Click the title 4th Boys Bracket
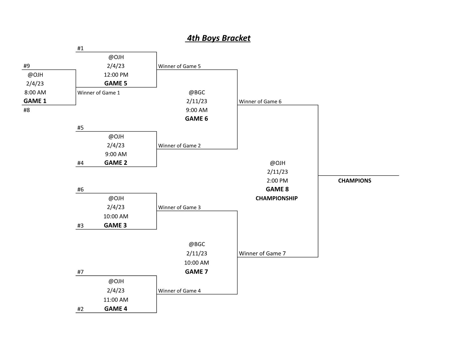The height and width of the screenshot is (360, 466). pos(218,38)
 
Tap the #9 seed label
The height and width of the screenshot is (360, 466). pos(27,66)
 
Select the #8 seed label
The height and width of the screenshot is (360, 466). pos(27,110)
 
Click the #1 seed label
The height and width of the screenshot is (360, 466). pos(80,48)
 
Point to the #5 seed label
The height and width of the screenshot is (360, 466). pos(80,128)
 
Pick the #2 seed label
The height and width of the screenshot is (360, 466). pos(80,309)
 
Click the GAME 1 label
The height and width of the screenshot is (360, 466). pos(35,101)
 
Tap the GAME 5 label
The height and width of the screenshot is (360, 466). pos(116,83)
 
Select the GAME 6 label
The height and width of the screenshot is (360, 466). pos(197,119)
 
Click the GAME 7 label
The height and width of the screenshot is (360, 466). pos(197,272)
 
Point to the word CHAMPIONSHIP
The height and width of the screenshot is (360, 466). pos(277,198)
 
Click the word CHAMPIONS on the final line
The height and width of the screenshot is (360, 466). pos(355,181)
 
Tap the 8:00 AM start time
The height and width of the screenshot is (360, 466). pos(35,92)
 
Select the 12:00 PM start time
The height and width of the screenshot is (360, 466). pos(116,75)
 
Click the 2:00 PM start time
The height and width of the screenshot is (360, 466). pos(277,181)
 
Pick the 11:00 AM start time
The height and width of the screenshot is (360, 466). pos(116,300)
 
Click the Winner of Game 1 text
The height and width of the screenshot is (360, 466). pos(99,93)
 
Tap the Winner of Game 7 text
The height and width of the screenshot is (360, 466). pos(262,254)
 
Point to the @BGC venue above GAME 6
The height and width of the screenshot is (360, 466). pos(197,92)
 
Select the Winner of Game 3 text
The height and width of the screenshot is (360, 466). pos(180,207)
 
